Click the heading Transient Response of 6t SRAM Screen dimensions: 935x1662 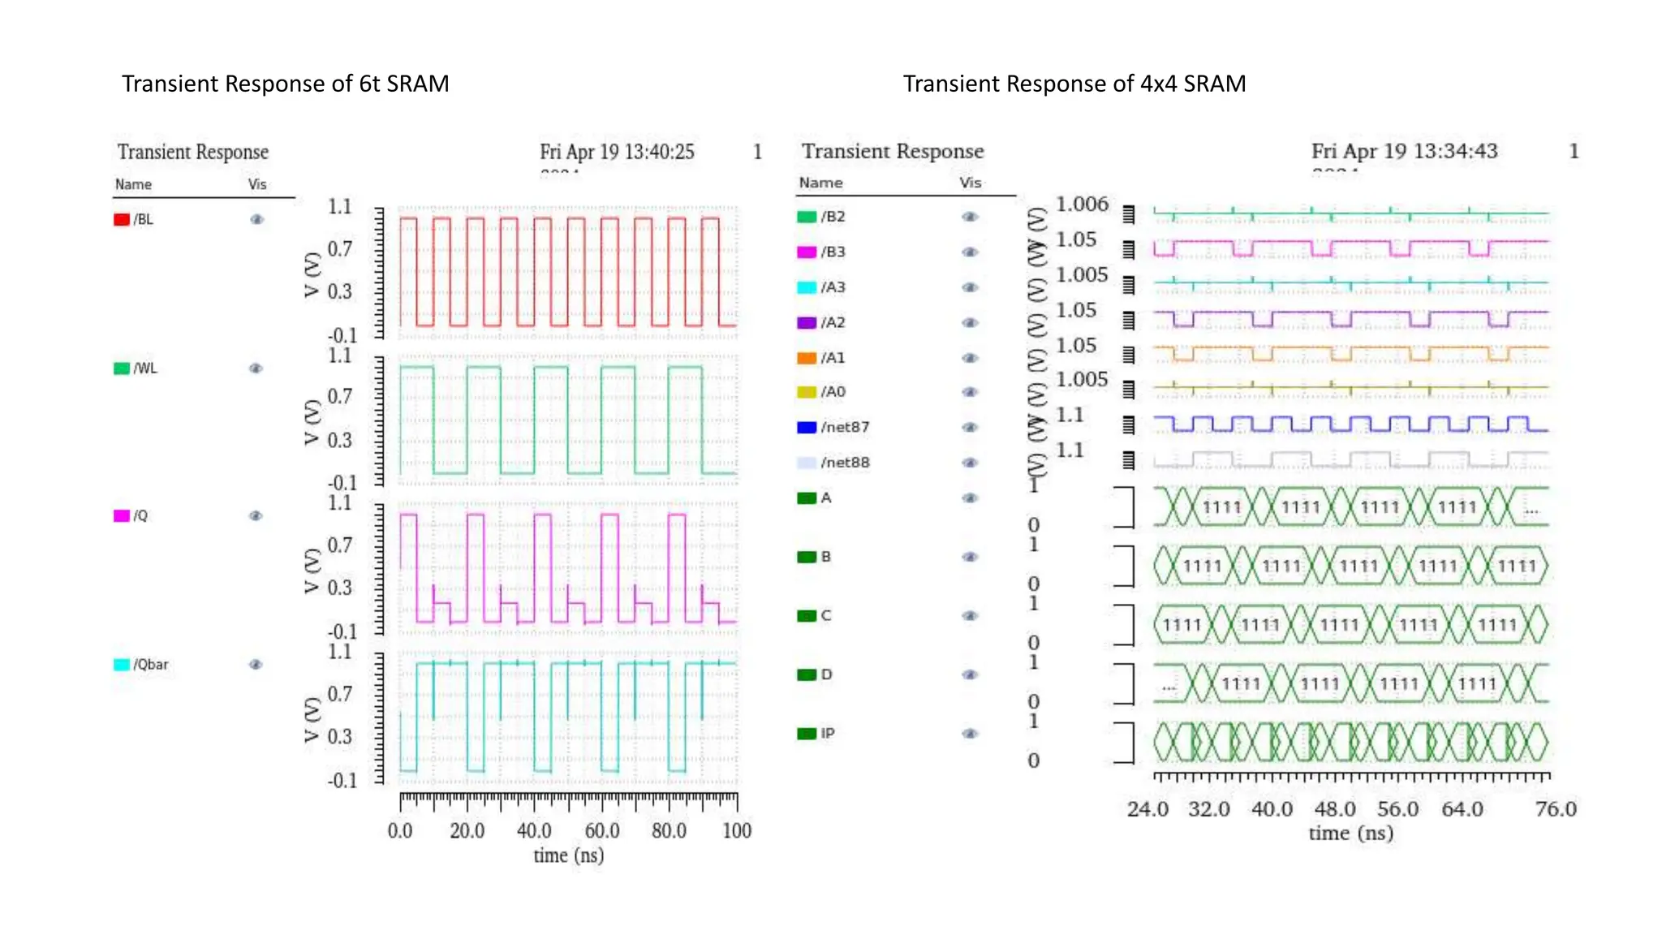coord(285,84)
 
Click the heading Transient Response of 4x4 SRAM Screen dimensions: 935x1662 coord(1074,84)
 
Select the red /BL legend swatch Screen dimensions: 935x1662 coord(122,220)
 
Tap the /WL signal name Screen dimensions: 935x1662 coord(145,368)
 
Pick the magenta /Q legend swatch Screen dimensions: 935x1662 coord(122,516)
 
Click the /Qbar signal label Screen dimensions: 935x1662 coord(151,665)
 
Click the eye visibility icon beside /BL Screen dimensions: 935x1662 coord(256,220)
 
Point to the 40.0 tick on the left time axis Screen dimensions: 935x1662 coord(534,831)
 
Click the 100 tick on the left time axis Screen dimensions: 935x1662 coord(737,831)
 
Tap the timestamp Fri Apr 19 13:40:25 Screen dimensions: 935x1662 coord(617,152)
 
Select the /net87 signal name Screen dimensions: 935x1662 coord(845,427)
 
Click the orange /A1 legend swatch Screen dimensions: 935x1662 coord(807,358)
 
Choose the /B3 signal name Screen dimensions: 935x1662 coord(833,252)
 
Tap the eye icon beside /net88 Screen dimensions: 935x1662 coord(970,463)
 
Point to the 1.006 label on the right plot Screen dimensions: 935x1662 coord(1082,205)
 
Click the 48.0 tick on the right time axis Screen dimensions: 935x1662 coord(1335,809)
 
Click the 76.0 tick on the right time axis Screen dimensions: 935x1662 coord(1556,809)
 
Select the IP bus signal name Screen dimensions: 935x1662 coord(827,734)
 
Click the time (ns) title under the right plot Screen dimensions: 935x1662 coord(1350,834)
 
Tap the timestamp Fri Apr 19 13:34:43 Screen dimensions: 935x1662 coord(1404,151)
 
